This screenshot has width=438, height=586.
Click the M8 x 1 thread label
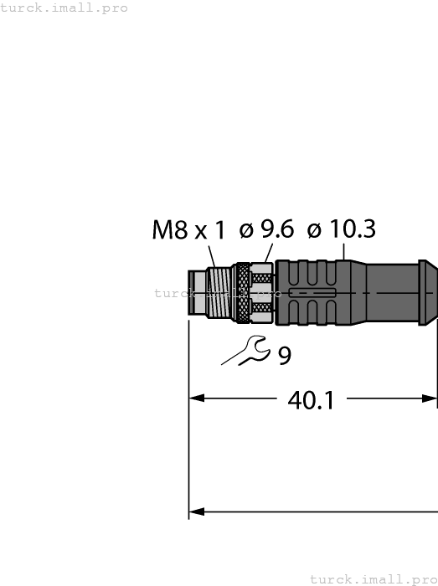pos(188,230)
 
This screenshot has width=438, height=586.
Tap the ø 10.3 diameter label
pos(341,229)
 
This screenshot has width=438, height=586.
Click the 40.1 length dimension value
pos(311,400)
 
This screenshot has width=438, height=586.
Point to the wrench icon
pos(245,351)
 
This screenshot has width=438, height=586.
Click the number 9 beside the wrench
pos(285,357)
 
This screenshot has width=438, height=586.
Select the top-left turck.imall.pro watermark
pos(64,8)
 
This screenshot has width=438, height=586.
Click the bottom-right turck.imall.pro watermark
pos(374,578)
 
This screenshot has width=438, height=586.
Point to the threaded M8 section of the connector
pos(220,292)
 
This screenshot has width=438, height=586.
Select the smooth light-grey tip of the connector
pos(197,292)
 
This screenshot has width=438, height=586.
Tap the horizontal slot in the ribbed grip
pos(312,293)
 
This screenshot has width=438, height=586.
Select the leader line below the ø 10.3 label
pos(344,250)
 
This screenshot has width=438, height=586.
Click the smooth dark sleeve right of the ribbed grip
pos(389,292)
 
